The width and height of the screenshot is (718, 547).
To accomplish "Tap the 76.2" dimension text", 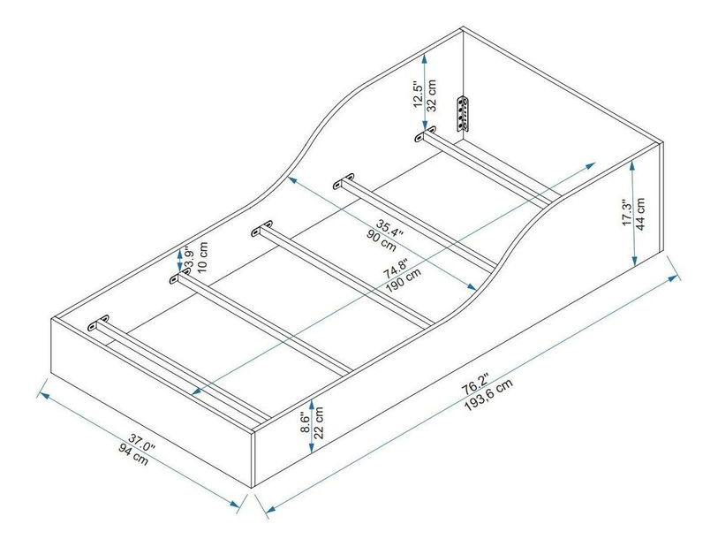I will (x=476, y=378).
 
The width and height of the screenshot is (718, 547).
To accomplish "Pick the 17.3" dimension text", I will (x=625, y=212).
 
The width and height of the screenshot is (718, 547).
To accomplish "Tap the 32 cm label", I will (x=433, y=92).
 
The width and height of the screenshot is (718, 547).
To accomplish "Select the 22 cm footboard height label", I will (x=319, y=421).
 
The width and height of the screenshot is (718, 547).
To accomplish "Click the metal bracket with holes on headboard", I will (x=462, y=114).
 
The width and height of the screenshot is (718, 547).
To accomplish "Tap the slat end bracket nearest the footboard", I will (x=96, y=323).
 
